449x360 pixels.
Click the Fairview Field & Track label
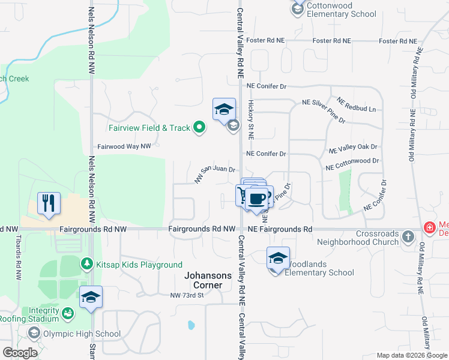(149, 128)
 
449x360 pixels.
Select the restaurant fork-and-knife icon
(49, 203)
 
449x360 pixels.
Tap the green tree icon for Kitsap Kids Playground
(87, 264)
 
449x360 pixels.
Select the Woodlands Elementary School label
(319, 268)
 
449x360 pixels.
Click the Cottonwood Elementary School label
(341, 10)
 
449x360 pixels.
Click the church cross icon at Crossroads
(408, 236)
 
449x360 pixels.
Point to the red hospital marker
(430, 227)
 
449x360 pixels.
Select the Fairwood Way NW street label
(124, 146)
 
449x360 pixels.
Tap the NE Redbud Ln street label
(355, 104)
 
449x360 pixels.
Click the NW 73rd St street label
(187, 295)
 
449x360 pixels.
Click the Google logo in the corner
(20, 353)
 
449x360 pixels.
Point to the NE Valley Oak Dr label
(353, 148)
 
